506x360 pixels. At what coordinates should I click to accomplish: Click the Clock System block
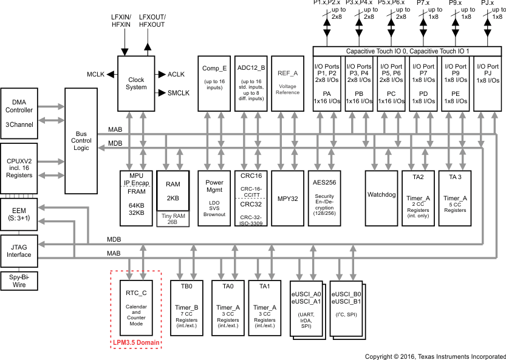point(137,83)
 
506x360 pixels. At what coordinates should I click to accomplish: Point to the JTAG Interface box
point(19,251)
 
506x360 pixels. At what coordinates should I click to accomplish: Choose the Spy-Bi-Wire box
point(19,280)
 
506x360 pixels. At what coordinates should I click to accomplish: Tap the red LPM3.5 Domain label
point(136,343)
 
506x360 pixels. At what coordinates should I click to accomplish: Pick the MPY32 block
point(288,198)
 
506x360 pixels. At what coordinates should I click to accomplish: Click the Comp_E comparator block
point(214,83)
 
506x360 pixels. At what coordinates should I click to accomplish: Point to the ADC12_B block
point(251,83)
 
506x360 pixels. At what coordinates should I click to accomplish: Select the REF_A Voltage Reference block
point(288,83)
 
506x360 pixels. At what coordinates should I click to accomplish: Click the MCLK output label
point(96,74)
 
